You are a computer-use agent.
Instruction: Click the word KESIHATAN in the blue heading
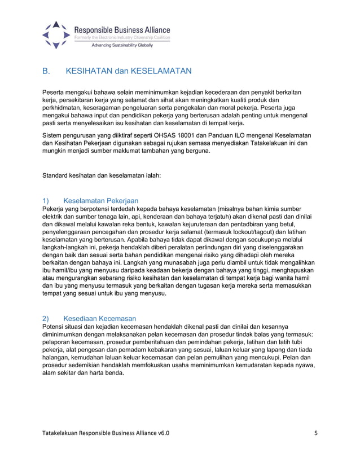[89, 72]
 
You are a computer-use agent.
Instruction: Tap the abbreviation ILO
[249, 136]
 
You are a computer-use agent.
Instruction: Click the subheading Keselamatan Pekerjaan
[101, 200]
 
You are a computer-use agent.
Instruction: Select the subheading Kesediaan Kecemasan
[100, 318]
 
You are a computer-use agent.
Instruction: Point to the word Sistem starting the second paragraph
[55, 136]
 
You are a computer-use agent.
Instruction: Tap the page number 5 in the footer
[316, 433]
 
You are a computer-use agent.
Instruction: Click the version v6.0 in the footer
[161, 433]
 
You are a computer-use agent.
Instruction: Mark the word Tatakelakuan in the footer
[63, 433]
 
